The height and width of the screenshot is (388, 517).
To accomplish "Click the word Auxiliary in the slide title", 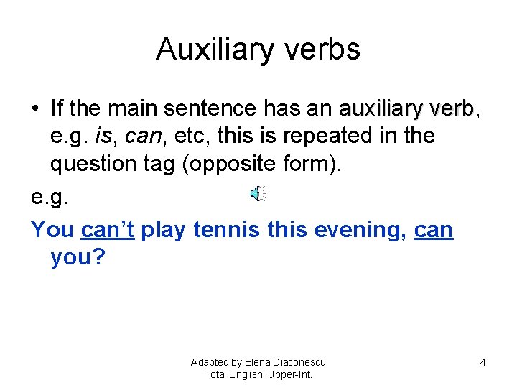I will pos(210,50).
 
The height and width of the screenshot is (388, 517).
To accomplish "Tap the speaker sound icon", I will pos(258,193).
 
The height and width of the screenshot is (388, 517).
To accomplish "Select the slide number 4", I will pos(483,362).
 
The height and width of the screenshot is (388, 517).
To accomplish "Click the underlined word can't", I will pos(108,230).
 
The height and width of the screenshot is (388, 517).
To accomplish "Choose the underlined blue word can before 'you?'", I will pos(434,230).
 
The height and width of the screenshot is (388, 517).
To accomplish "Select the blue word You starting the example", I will pos(52,230).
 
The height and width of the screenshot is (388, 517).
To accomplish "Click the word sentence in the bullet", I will pos(210,109).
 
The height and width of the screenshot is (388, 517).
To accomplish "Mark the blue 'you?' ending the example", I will pos(78,257).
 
